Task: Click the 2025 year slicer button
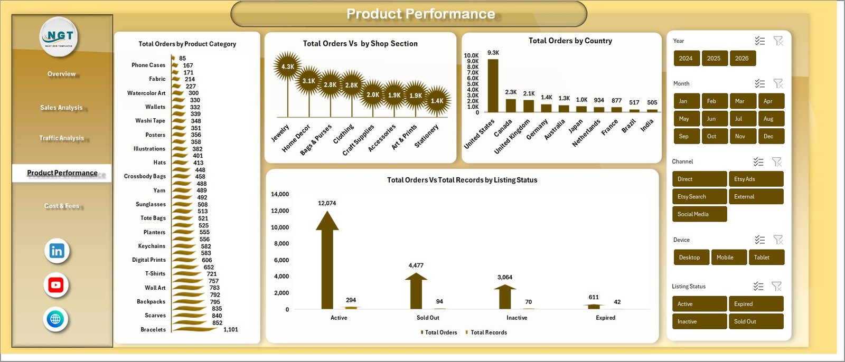coord(714,59)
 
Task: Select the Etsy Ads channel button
coord(755,179)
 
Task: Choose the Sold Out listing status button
coord(755,321)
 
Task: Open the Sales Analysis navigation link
coord(61,108)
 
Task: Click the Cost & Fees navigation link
coord(62,206)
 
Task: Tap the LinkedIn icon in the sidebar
coord(57,251)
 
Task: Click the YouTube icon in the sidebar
coord(56,285)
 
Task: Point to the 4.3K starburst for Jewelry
coord(287,66)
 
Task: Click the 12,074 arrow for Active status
coord(327,259)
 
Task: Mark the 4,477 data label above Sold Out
coord(416,265)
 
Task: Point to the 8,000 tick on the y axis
coord(281,244)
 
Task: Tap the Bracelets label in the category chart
coord(153,330)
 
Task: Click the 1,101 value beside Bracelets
coord(231,330)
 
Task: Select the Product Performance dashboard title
coord(420,14)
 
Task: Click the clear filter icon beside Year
coord(778,41)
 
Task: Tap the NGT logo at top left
coord(60,37)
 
